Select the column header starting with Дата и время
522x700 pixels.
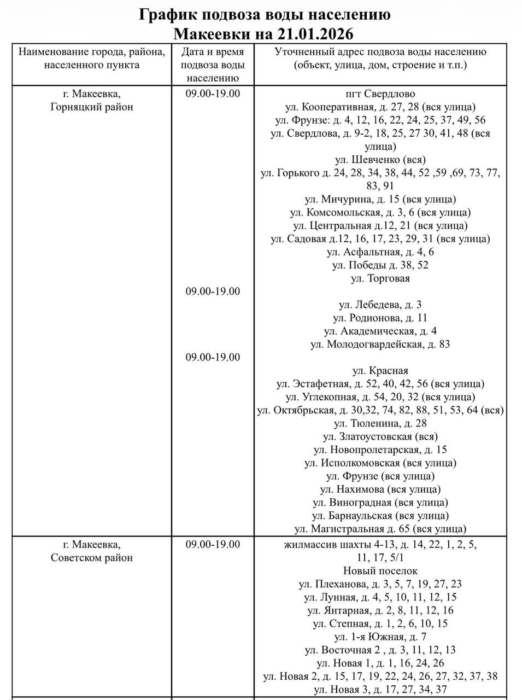[213, 52]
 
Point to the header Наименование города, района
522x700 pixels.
[92, 52]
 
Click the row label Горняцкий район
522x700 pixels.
[92, 107]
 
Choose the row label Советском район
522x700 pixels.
[92, 558]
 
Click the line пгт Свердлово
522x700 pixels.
[380, 94]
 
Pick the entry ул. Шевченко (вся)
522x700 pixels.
[380, 160]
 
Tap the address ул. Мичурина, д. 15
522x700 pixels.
[380, 199]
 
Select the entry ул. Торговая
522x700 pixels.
[380, 278]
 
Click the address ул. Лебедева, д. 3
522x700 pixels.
[380, 305]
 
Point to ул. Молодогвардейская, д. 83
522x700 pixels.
[380, 344]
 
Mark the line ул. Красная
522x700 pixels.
[380, 371]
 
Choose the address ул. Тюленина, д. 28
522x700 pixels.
[380, 423]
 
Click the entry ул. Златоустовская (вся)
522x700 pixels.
[380, 436]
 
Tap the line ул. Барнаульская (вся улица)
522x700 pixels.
[380, 516]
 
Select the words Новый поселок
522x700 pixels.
[380, 571]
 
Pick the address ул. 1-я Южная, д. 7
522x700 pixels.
[380, 637]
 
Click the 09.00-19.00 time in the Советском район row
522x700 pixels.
[213, 544]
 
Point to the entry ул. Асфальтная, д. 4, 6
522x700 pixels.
[380, 252]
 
